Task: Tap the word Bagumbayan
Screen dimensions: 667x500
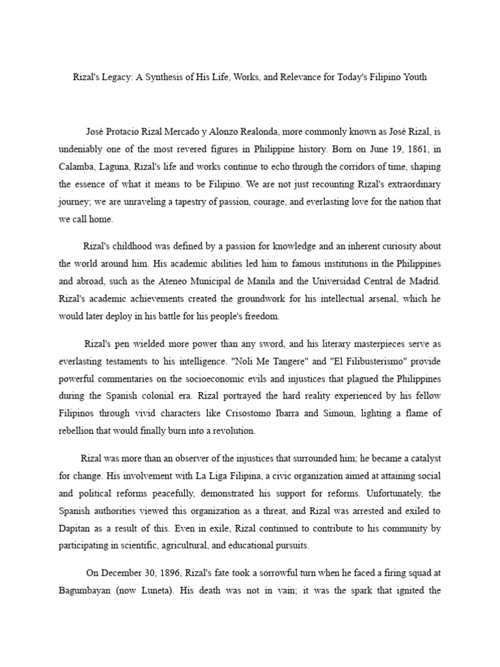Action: tap(90, 591)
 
